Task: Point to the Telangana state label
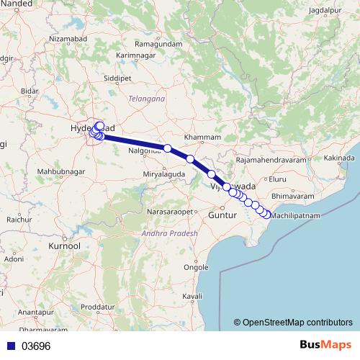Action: [146, 98]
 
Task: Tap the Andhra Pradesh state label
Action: [168, 234]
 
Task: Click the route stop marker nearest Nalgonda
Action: [167, 148]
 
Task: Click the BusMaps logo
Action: [325, 345]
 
